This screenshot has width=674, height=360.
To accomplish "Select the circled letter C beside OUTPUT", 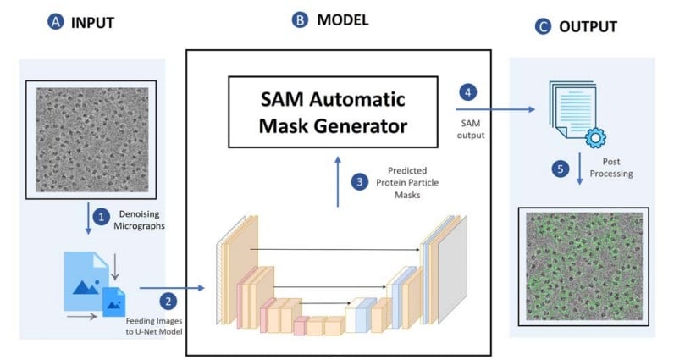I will pos(542,27).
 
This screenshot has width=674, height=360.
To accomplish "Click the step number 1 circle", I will pos(102,218).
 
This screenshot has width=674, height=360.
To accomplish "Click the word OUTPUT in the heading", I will pos(588,27).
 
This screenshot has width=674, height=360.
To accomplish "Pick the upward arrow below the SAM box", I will pos(338,180).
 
